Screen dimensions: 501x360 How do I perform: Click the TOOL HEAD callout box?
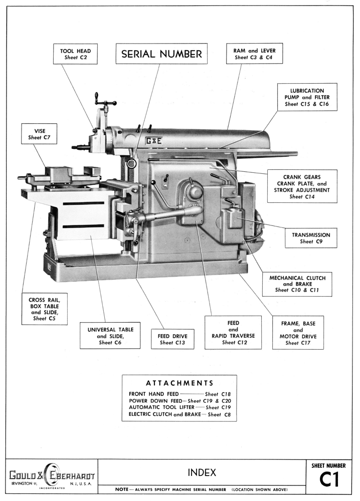tap(75, 54)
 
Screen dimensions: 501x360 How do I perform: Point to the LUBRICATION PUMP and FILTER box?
tap(307, 96)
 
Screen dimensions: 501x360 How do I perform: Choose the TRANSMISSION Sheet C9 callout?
tap(311, 238)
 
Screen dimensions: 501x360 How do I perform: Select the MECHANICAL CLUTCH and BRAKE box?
tap(297, 283)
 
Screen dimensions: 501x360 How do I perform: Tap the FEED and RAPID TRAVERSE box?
tap(233, 332)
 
